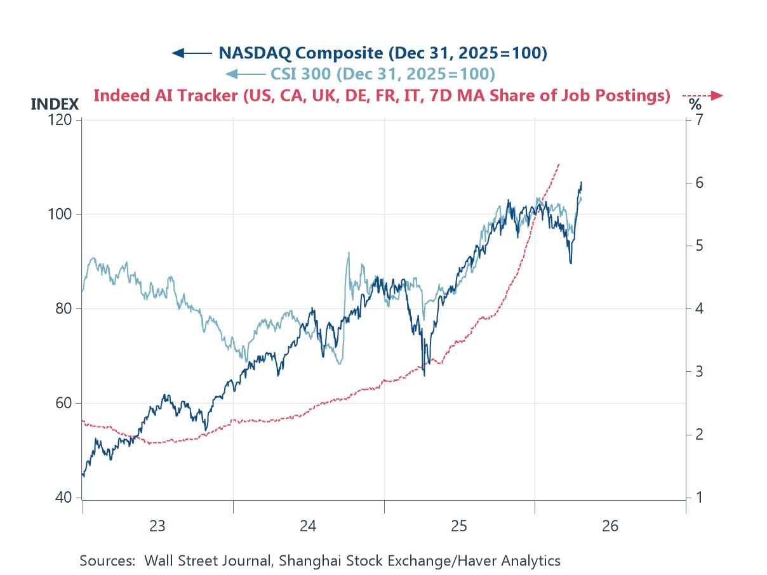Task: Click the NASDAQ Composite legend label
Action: [x=382, y=53]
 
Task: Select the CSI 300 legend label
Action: [x=382, y=74]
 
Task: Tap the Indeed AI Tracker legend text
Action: [x=382, y=96]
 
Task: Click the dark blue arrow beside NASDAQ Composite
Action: [x=192, y=53]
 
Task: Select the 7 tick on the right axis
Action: [x=699, y=120]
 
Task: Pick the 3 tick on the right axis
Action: [x=699, y=371]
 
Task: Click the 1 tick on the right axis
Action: [x=699, y=498]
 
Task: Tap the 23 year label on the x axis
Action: [x=157, y=525]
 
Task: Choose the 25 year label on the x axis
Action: [x=459, y=525]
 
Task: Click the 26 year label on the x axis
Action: [x=610, y=525]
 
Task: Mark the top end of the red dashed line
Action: [x=559, y=164]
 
